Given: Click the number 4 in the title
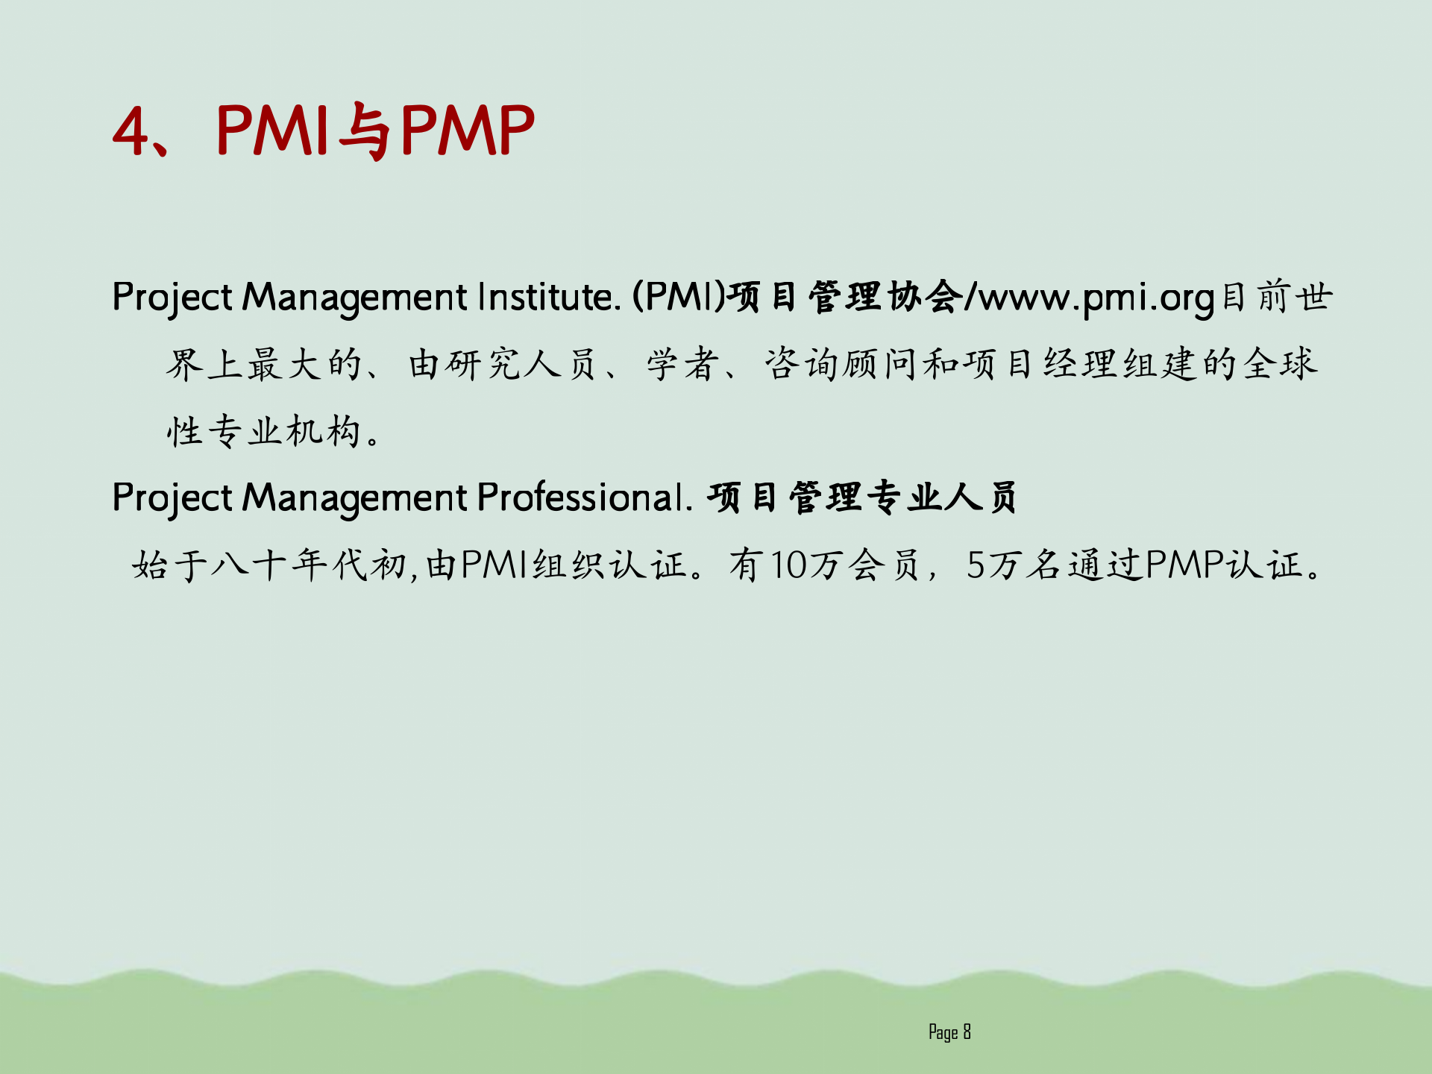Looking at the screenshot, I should coord(131,131).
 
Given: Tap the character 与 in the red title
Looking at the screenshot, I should coord(366,131).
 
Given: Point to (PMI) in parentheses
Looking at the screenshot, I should coord(679,297).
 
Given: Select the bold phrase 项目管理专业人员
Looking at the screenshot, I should coord(862,497).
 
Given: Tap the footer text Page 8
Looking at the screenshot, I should coord(949,1032).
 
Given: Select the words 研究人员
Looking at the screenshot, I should coord(504,364).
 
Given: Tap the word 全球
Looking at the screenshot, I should coord(1280,364).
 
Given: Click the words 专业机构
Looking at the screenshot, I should coord(284,431).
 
